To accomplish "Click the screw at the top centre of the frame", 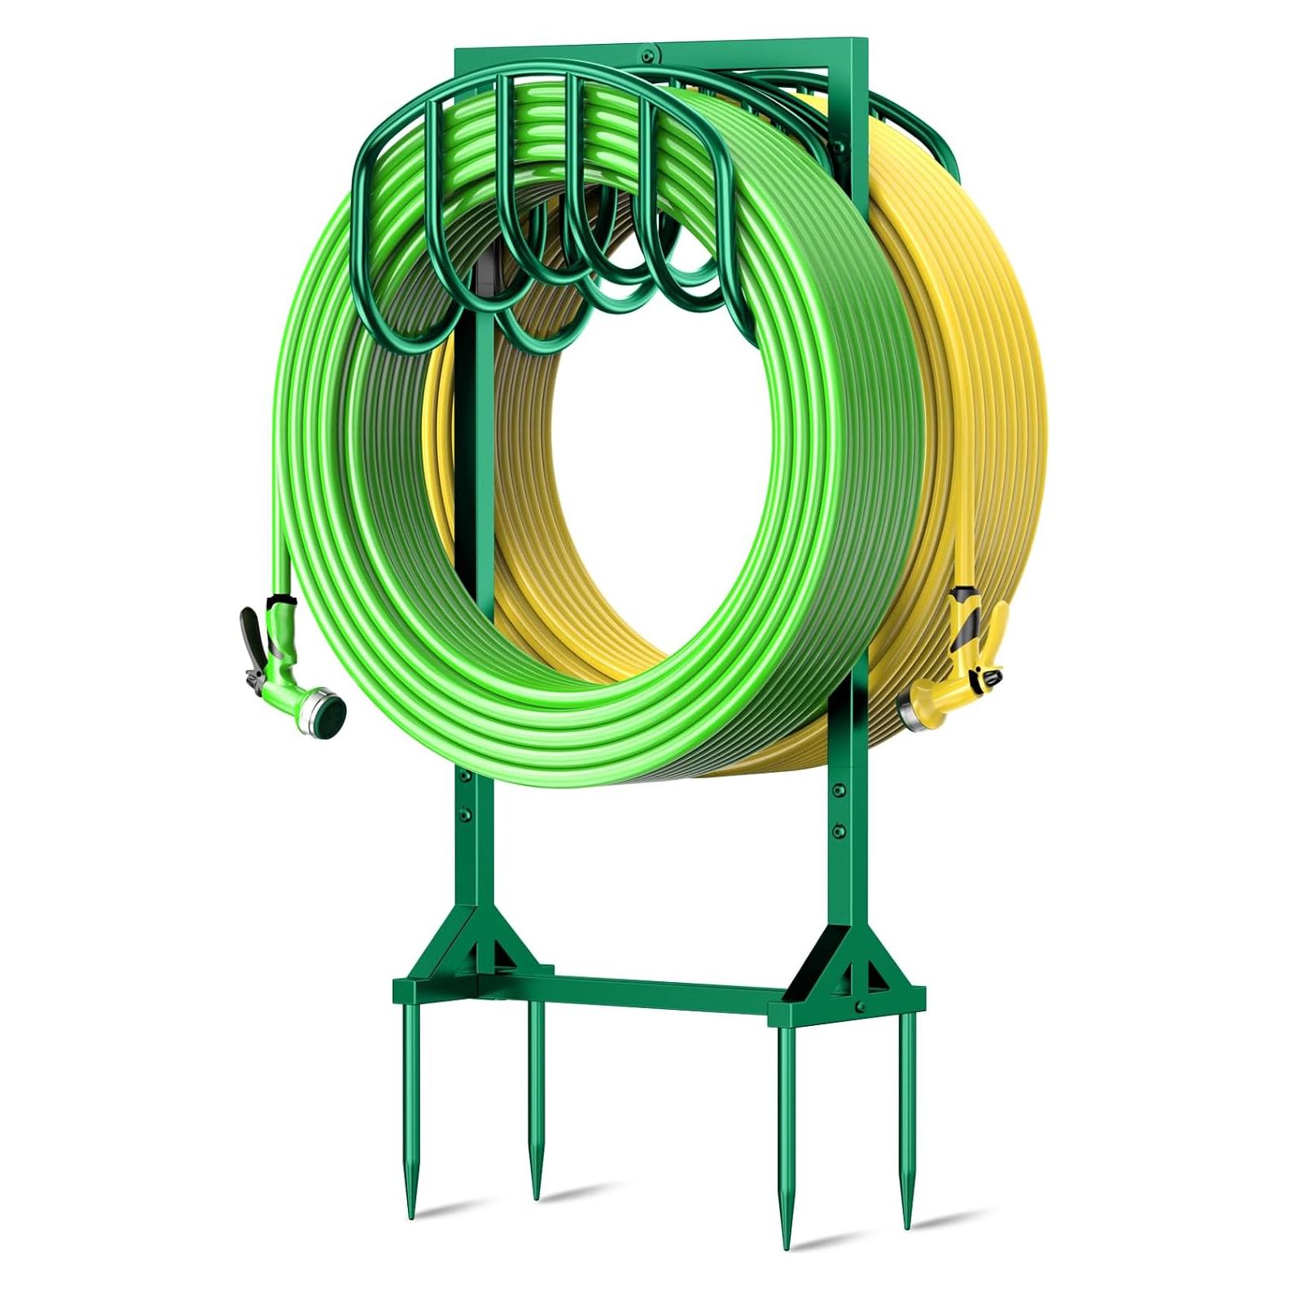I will pos(646,56).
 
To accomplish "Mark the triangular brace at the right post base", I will pos(839,961).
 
